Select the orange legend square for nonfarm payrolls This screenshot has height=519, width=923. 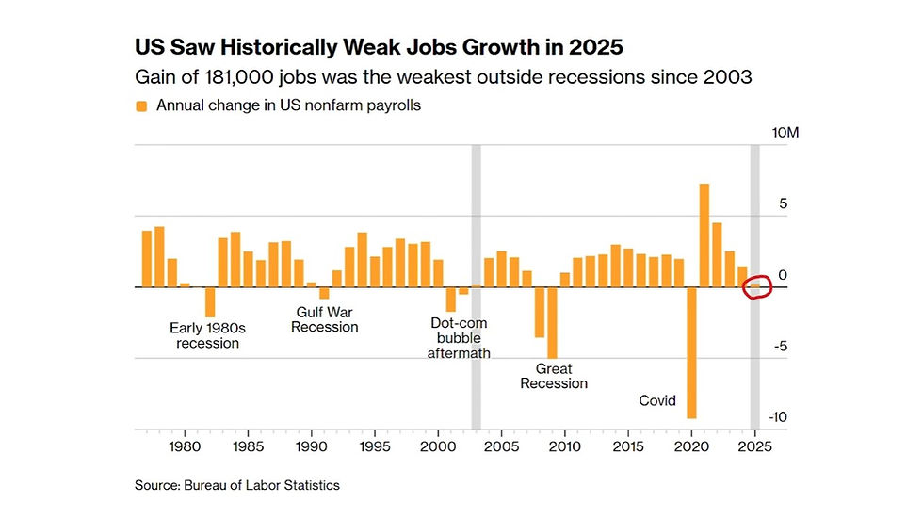(142, 106)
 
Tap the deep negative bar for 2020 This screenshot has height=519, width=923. (691, 352)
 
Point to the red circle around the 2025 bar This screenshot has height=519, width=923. (755, 287)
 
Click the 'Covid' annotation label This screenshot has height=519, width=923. (657, 400)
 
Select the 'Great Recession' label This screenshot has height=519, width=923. (554, 376)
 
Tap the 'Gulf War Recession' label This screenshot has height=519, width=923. (325, 319)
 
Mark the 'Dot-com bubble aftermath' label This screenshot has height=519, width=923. (459, 337)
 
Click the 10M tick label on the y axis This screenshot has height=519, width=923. (785, 133)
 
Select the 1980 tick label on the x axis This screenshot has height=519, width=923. (185, 446)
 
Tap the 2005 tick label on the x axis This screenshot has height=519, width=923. (501, 446)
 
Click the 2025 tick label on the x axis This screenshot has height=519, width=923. (754, 446)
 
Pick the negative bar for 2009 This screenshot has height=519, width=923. (552, 323)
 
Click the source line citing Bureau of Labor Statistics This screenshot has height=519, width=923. (237, 485)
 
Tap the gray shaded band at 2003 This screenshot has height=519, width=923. (477, 283)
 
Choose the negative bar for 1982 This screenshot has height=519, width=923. (210, 301)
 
